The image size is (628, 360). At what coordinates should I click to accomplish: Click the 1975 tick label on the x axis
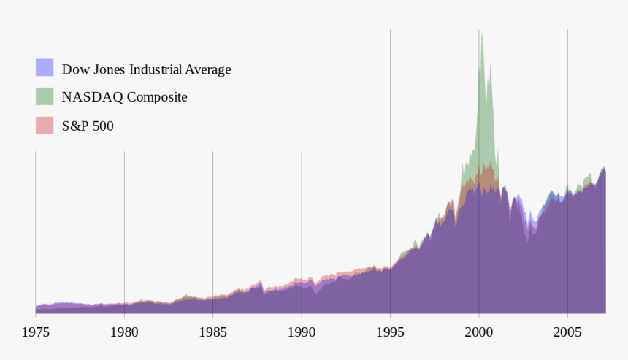pos(36,332)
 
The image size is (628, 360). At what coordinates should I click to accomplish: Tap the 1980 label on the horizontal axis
pos(124,332)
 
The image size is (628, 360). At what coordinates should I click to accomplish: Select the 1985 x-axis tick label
pos(212,332)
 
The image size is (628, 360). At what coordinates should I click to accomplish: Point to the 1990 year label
pos(302,332)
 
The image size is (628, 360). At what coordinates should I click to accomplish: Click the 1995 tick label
pos(390,332)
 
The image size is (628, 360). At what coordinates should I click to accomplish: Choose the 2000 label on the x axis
pos(479,332)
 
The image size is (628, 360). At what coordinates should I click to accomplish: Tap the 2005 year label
pos(567,332)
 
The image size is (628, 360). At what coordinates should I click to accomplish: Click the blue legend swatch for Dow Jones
pos(45,68)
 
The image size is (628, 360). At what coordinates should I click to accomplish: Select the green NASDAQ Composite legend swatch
pos(45,96)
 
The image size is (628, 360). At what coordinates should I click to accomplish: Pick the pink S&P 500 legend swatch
pos(45,126)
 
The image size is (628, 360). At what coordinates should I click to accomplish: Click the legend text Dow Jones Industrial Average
pos(146,69)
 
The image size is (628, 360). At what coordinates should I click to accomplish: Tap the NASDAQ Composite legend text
pos(124,97)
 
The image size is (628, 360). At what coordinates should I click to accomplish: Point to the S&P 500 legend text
pos(88,126)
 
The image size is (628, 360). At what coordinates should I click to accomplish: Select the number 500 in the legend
pos(103,126)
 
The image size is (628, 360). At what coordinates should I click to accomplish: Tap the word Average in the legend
pos(207,69)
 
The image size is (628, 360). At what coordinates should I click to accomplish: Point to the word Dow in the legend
pos(73,69)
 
